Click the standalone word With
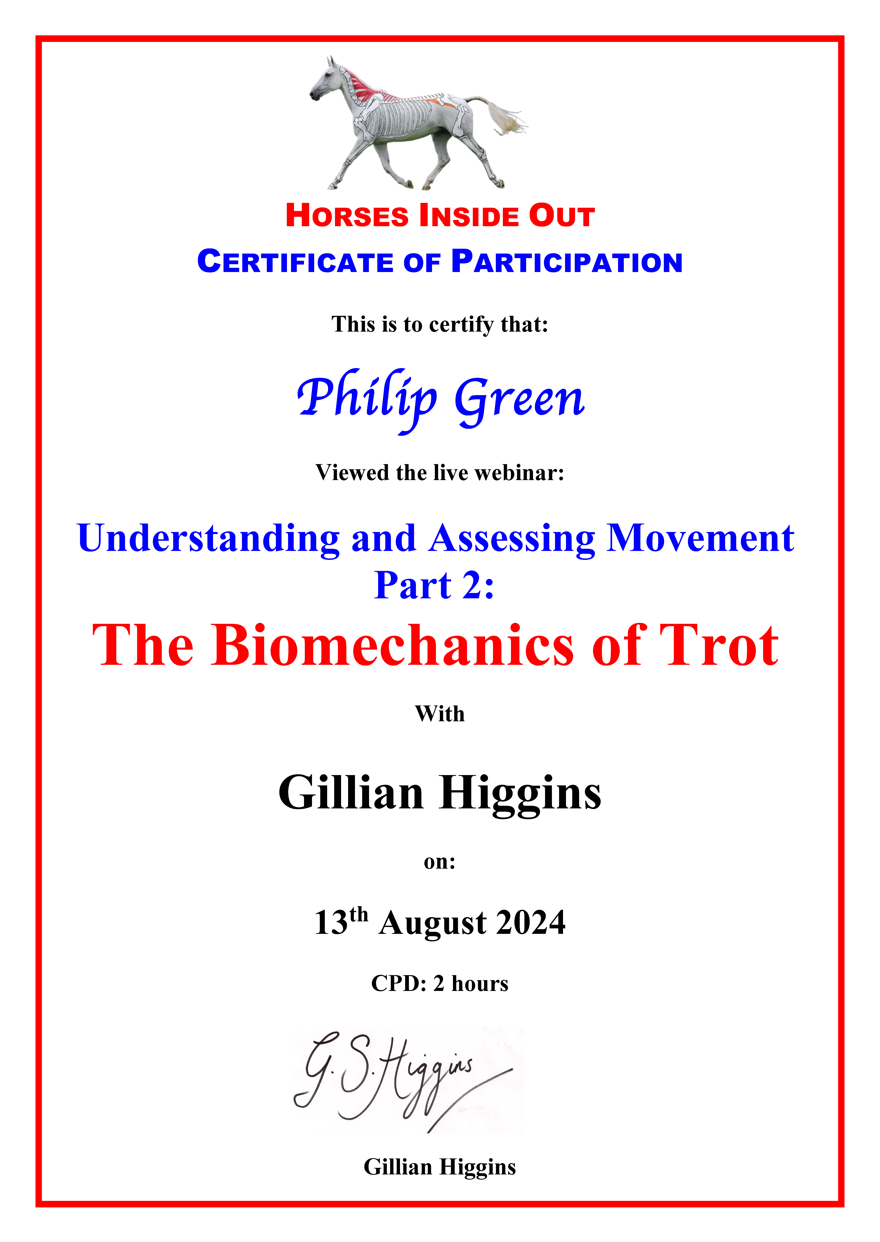click(x=440, y=714)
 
